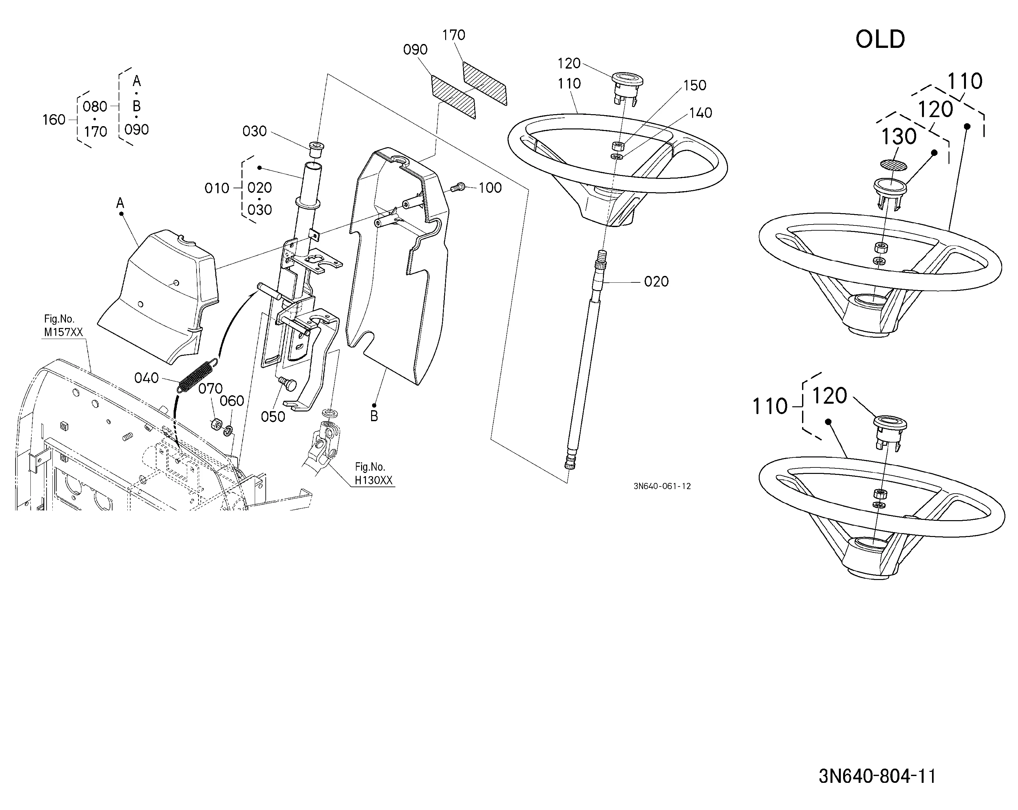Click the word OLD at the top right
(x=880, y=39)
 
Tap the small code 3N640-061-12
(x=662, y=486)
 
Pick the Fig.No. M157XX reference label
(x=63, y=326)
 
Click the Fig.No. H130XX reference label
(x=373, y=474)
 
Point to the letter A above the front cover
(x=120, y=203)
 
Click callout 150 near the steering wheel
(x=695, y=85)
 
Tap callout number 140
(x=701, y=113)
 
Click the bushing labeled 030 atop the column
(x=316, y=148)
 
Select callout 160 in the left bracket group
(x=54, y=120)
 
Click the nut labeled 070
(x=216, y=424)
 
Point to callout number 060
(x=232, y=401)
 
